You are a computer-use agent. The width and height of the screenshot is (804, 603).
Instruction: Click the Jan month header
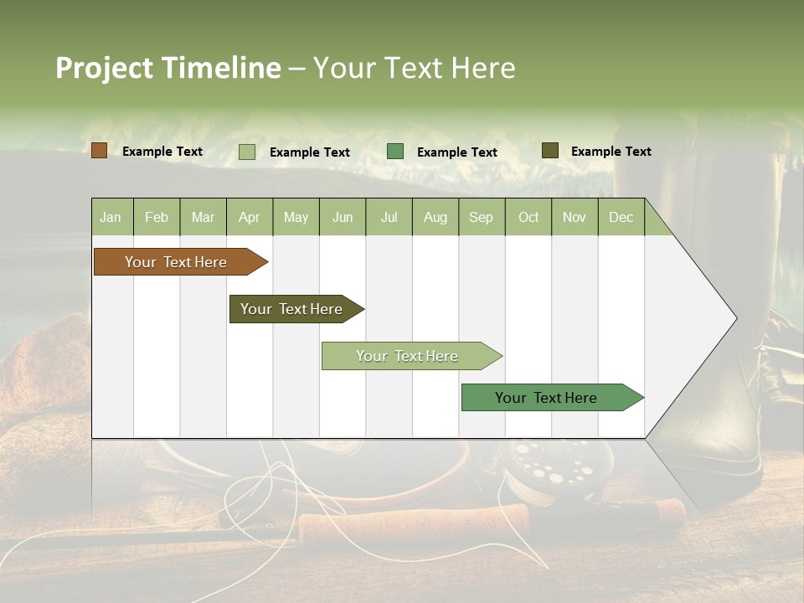click(111, 217)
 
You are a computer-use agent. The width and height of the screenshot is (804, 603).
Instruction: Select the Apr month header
click(249, 217)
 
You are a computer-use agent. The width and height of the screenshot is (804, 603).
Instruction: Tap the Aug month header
click(435, 217)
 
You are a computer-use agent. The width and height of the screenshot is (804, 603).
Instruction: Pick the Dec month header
click(621, 217)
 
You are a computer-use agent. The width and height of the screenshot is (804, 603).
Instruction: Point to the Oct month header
click(528, 217)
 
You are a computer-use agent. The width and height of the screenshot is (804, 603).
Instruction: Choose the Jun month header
click(343, 217)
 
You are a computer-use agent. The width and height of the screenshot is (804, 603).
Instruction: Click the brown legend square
click(99, 151)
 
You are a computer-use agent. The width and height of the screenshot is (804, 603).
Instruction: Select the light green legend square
click(247, 152)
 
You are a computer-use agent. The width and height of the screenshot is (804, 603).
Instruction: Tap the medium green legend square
click(395, 152)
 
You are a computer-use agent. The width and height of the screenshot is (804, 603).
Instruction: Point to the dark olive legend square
click(549, 151)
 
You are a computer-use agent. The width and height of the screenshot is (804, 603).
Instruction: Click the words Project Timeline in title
click(167, 68)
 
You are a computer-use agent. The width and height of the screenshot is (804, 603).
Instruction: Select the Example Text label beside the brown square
click(162, 152)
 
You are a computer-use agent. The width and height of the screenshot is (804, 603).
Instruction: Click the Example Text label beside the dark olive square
click(611, 152)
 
